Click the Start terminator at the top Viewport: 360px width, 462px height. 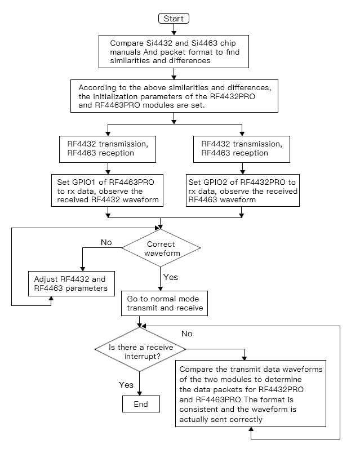(174, 19)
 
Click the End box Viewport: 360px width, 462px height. (140, 404)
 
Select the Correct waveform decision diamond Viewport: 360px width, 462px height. (161, 248)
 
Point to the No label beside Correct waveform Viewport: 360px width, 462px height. (106, 243)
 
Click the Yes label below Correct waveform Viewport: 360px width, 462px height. (170, 278)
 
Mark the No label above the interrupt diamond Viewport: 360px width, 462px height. (186, 334)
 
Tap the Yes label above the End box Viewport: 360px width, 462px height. (126, 385)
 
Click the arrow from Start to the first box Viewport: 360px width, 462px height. (174, 29)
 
